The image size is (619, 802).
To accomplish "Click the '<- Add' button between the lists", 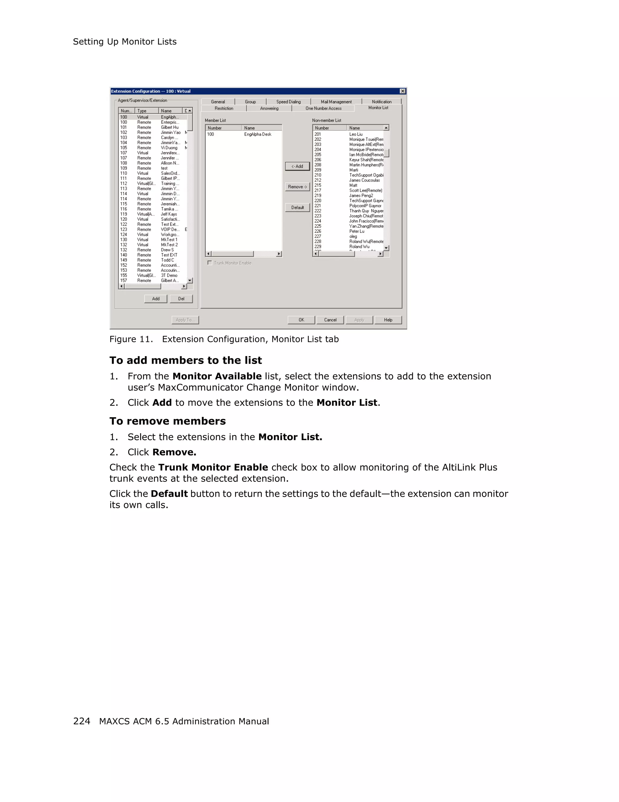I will [x=297, y=166].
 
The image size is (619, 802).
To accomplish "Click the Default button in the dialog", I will [x=297, y=208].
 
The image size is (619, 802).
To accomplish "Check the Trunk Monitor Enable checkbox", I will [x=210, y=263].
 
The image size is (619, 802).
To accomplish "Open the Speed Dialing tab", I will [x=288, y=102].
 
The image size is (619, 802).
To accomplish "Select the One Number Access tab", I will [x=323, y=108].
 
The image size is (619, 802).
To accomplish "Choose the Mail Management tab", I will [x=336, y=102].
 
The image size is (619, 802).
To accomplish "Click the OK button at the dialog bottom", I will [x=301, y=320].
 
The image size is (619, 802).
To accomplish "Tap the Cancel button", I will [x=330, y=320].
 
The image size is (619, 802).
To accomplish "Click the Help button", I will [x=388, y=320].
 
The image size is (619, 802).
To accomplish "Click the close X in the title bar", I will [x=403, y=91].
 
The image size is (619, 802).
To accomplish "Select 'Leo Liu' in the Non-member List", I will [x=356, y=134].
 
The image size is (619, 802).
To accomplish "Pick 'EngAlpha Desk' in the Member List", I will [x=258, y=134].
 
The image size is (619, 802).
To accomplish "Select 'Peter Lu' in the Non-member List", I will [x=357, y=231].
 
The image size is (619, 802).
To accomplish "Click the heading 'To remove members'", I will [x=167, y=421].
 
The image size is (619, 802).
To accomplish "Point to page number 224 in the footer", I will [x=82, y=721].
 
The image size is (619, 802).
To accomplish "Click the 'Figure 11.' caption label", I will [x=131, y=339].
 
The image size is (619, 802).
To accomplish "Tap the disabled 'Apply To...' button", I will [x=185, y=320].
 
